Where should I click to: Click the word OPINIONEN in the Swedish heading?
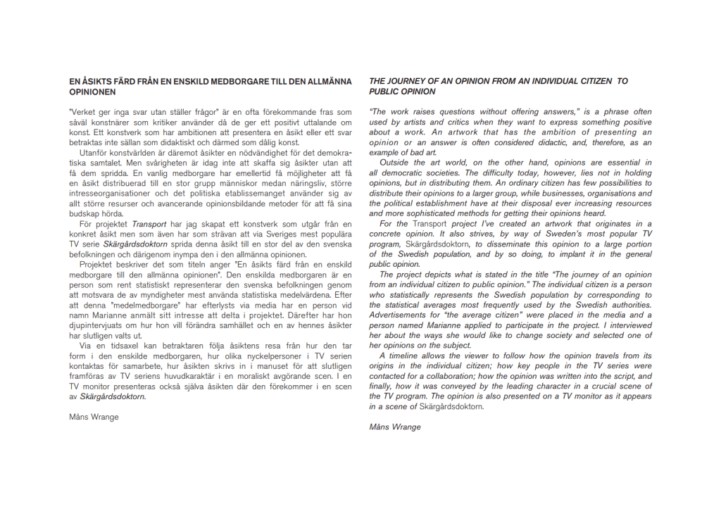click(x=92, y=92)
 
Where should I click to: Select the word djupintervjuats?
click(x=97, y=325)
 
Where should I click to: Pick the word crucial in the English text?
click(x=601, y=386)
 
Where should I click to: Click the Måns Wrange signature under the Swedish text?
click(x=94, y=417)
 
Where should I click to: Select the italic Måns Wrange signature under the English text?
click(x=395, y=427)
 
